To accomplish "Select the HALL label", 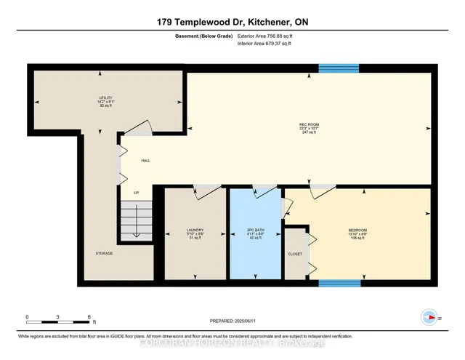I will click(145, 161).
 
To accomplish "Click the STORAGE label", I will click(104, 254).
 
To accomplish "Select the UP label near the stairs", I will click(136, 193).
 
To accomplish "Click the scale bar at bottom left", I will click(58, 319).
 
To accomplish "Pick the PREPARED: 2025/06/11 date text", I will click(232, 321).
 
